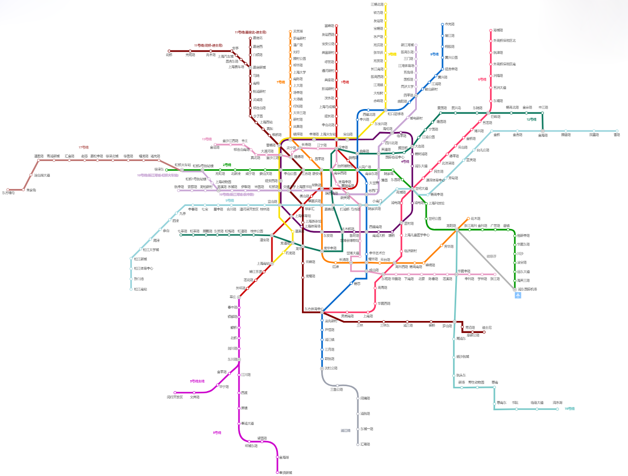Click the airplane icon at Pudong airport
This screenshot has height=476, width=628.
[x=517, y=295]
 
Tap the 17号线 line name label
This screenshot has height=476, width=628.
[x=83, y=147]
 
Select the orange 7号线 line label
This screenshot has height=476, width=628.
[x=281, y=82]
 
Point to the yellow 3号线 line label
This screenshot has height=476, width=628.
[x=392, y=54]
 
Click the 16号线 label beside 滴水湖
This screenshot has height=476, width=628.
[x=569, y=409]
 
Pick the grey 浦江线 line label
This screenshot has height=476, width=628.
[x=345, y=430]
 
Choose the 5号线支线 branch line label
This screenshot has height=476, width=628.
[x=197, y=381]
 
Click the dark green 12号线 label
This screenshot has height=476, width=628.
[x=531, y=119]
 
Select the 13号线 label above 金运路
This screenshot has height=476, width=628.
[x=206, y=139]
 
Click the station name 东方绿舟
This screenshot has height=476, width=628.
[x=9, y=193]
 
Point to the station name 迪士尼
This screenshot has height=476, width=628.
[x=487, y=327]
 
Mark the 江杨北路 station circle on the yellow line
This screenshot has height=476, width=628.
[x=385, y=4]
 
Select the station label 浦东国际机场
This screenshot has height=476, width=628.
[x=528, y=289]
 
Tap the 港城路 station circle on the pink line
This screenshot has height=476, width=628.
[x=491, y=30]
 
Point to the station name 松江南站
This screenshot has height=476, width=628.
[x=141, y=289]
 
